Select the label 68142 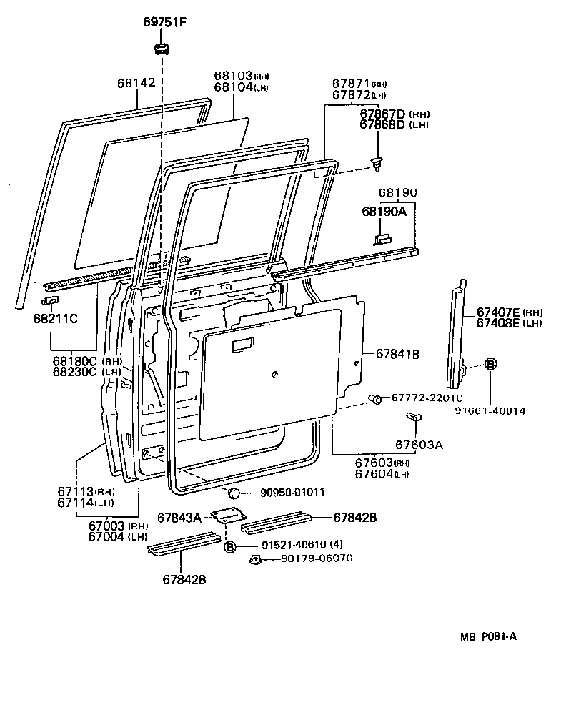point(136,83)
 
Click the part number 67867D point(382,114)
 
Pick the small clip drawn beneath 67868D point(377,163)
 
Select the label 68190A point(383,212)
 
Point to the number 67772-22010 point(427,398)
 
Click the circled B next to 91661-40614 point(490,364)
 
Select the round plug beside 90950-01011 point(232,493)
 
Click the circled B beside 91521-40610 point(229,547)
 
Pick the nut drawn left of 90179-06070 point(254,559)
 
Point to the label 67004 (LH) point(108,536)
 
